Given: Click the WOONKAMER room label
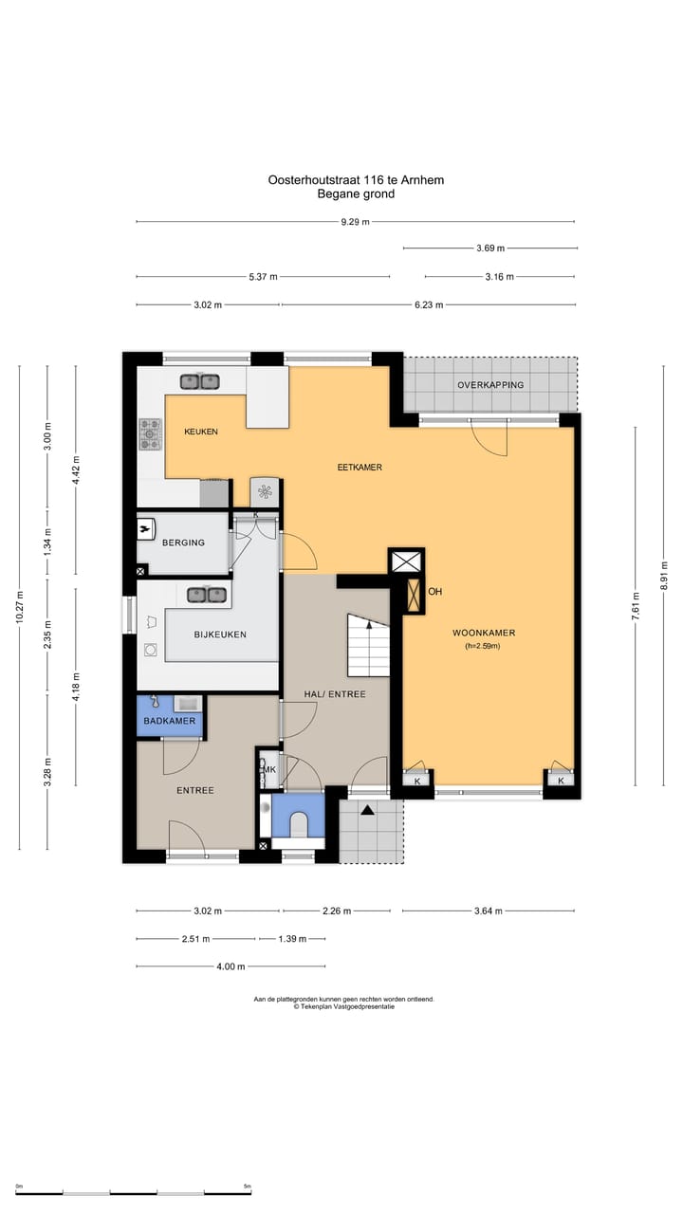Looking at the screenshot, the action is tap(484, 633).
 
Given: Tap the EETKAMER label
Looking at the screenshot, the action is tap(360, 468).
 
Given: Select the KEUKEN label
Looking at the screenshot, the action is tap(201, 432).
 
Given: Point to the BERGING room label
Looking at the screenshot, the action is tap(183, 543).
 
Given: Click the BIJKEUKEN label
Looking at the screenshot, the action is tap(220, 635).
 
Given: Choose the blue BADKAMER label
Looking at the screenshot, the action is tap(169, 721).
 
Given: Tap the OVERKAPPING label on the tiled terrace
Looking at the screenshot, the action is tap(490, 385).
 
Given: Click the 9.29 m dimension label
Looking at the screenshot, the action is tap(355, 222).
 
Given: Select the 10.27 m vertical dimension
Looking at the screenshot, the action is tap(20, 608).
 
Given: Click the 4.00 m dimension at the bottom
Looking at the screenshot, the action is tap(231, 966).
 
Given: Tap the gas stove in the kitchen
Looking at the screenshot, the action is tap(150, 434).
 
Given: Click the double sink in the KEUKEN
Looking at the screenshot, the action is tap(200, 382).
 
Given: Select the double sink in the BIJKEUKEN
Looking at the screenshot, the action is tap(207, 595).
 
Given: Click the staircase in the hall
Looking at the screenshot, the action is tap(369, 645).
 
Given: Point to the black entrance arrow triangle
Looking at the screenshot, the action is tap(367, 810).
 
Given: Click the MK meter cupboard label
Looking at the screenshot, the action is tap(270, 769).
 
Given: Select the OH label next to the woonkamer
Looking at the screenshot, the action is tap(434, 591).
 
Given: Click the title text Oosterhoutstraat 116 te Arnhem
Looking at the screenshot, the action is tap(356, 180).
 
